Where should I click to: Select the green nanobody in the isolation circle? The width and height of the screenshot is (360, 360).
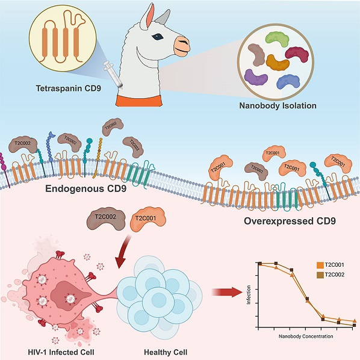tap(277, 39)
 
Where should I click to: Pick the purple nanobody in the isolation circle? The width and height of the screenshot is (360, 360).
tap(255, 78)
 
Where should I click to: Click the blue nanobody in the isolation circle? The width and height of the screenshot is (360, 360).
tap(288, 82)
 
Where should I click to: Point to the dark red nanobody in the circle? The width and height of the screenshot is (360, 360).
tap(297, 54)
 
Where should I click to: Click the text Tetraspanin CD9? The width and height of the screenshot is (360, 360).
tap(69, 88)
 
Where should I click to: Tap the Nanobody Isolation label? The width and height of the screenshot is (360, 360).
tap(278, 105)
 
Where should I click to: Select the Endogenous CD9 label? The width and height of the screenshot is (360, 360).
tap(85, 188)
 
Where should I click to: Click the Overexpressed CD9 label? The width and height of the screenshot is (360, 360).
tap(290, 221)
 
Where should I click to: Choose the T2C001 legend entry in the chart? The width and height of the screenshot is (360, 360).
tap(331, 265)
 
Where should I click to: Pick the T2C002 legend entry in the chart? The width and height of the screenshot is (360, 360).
tap(331, 275)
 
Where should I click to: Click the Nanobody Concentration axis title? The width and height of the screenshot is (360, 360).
tap(306, 337)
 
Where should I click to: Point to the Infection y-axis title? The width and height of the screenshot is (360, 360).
tap(249, 295)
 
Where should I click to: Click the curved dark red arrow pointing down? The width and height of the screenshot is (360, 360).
tap(123, 253)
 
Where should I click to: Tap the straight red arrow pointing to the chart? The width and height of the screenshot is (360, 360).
tap(227, 292)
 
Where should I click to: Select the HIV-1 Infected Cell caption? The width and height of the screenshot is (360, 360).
tap(61, 352)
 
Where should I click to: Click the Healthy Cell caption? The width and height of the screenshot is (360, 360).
tap(166, 352)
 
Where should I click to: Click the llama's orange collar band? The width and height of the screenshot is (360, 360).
tap(139, 101)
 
